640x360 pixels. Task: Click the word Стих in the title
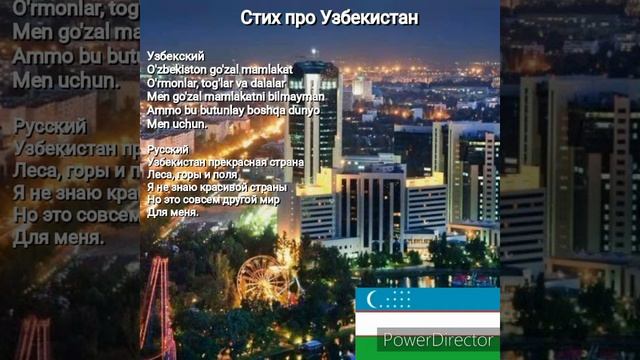point(262,19)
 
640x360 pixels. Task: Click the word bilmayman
point(296,96)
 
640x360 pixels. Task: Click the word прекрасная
point(232,161)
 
